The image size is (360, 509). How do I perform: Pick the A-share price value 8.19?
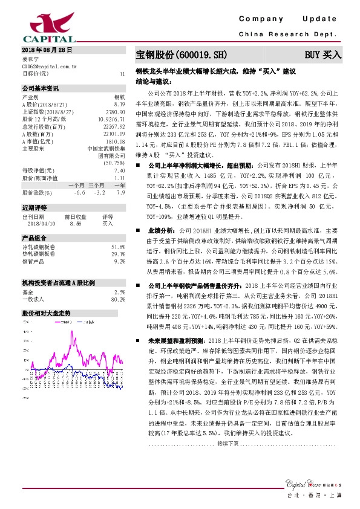point(119,104)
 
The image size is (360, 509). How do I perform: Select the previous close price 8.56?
point(75,223)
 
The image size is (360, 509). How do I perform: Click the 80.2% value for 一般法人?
point(118,282)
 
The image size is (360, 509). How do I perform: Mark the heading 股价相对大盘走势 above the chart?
point(47,297)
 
